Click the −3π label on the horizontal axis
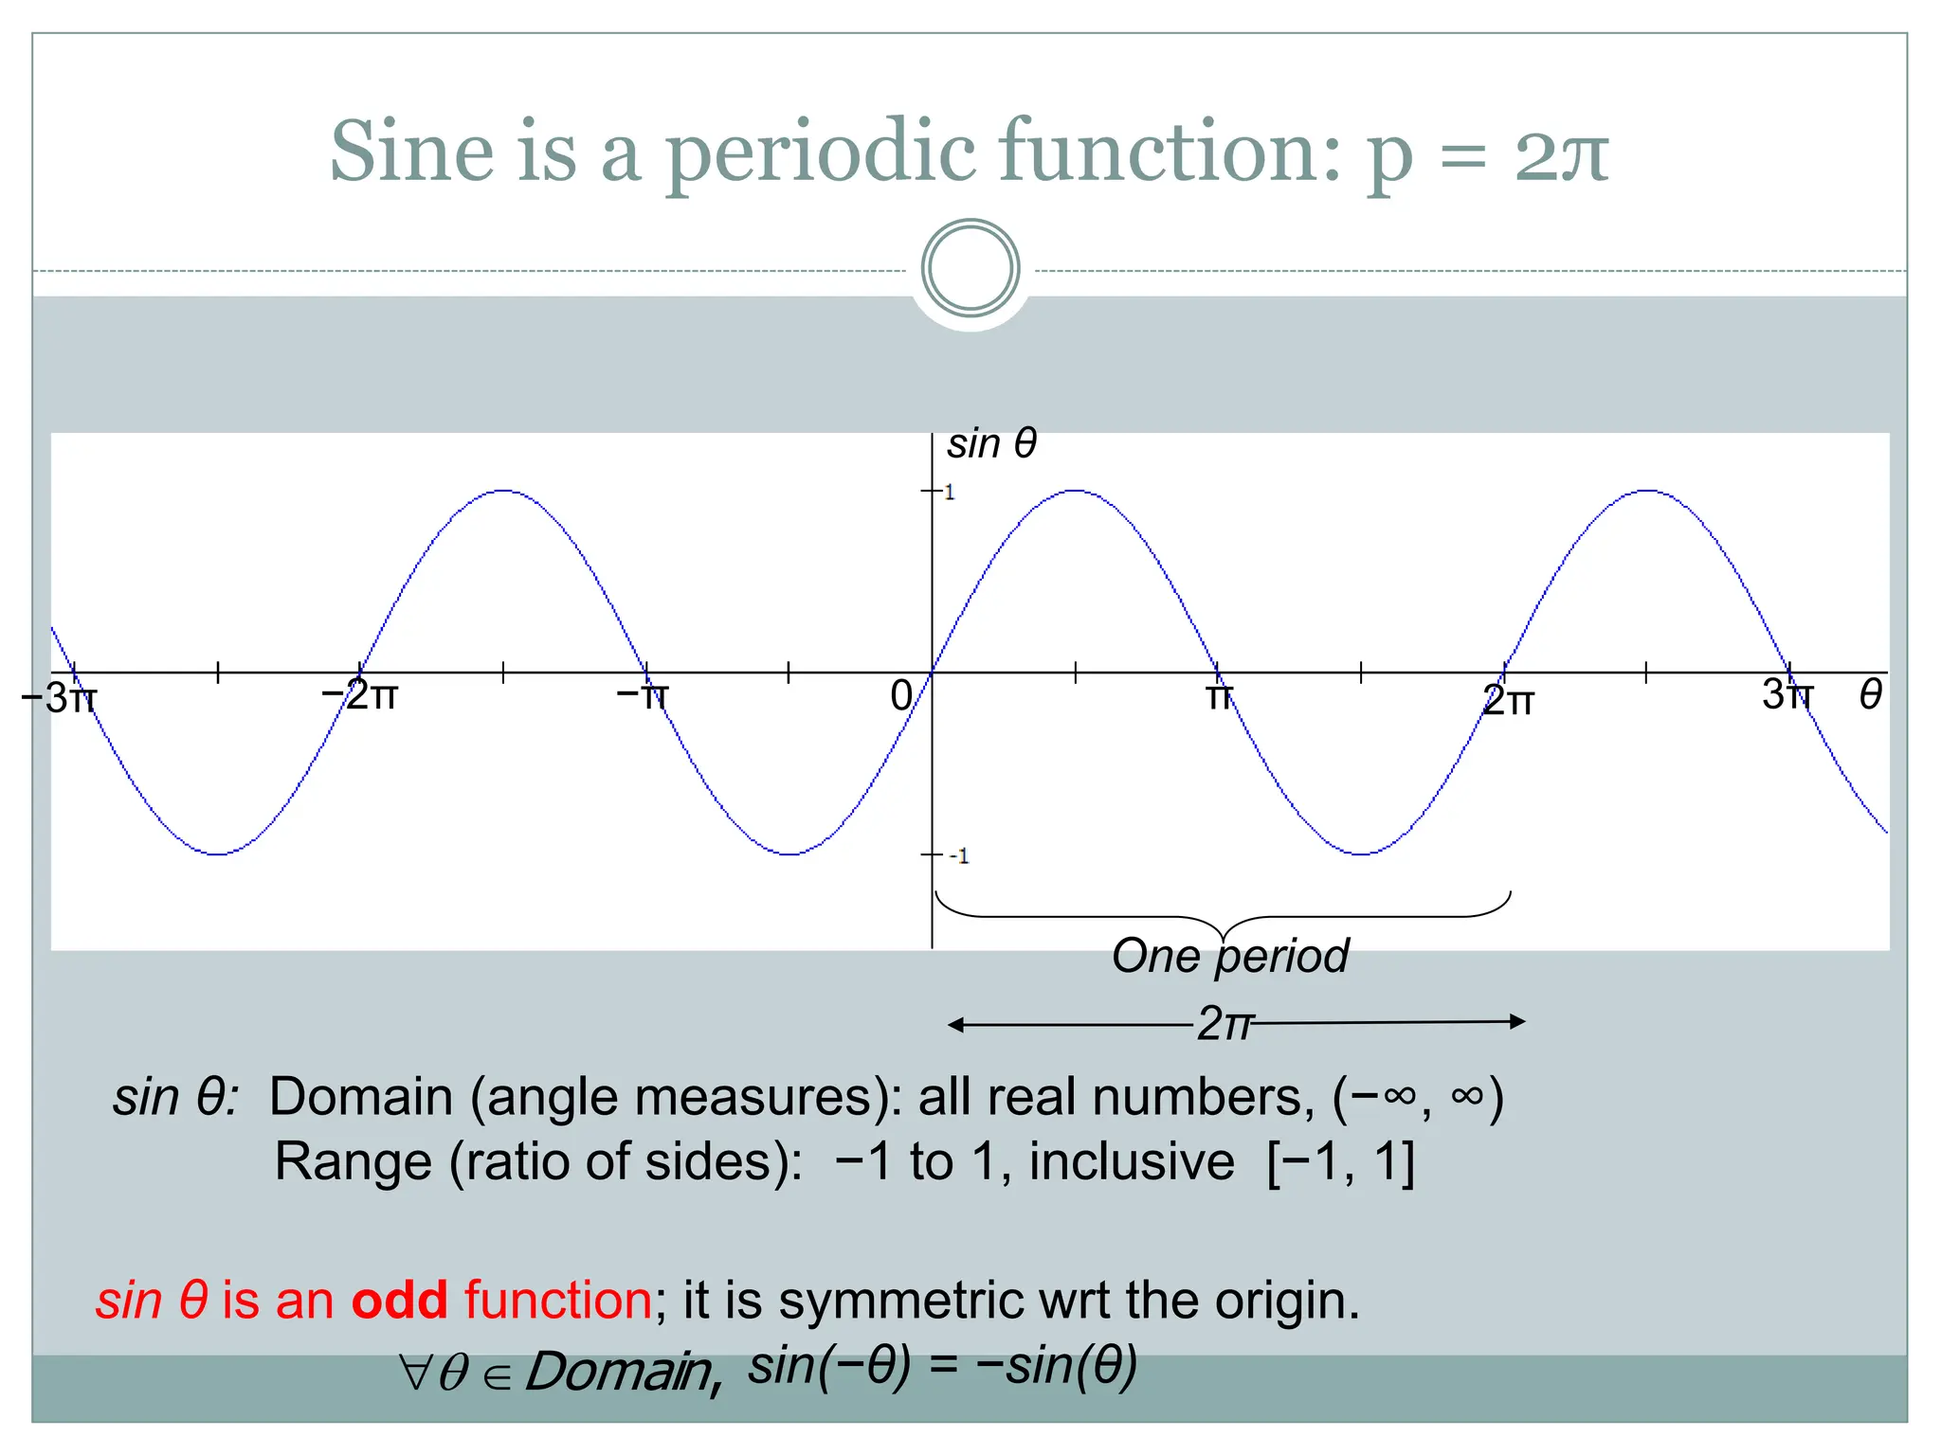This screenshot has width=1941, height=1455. click(x=59, y=698)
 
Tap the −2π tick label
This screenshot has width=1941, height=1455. click(x=359, y=695)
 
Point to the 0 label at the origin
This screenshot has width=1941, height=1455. click(x=901, y=696)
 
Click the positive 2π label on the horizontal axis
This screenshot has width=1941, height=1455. click(x=1508, y=701)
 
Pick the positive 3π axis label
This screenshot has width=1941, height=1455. click(x=1787, y=695)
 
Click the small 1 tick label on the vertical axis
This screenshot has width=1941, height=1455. click(x=949, y=493)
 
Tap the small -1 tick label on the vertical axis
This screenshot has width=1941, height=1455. click(x=959, y=856)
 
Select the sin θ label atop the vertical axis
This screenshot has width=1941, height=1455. click(x=991, y=443)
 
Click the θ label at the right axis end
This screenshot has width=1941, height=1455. click(x=1870, y=695)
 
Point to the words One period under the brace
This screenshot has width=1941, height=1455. click(x=1230, y=956)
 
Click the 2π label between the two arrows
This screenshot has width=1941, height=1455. click(x=1224, y=1024)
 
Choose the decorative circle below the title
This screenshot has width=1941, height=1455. click(x=970, y=268)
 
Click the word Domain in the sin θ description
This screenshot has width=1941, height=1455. click(x=361, y=1097)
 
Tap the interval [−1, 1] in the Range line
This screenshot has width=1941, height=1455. click(x=1340, y=1161)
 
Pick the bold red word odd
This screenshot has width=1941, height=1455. click(x=399, y=1300)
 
